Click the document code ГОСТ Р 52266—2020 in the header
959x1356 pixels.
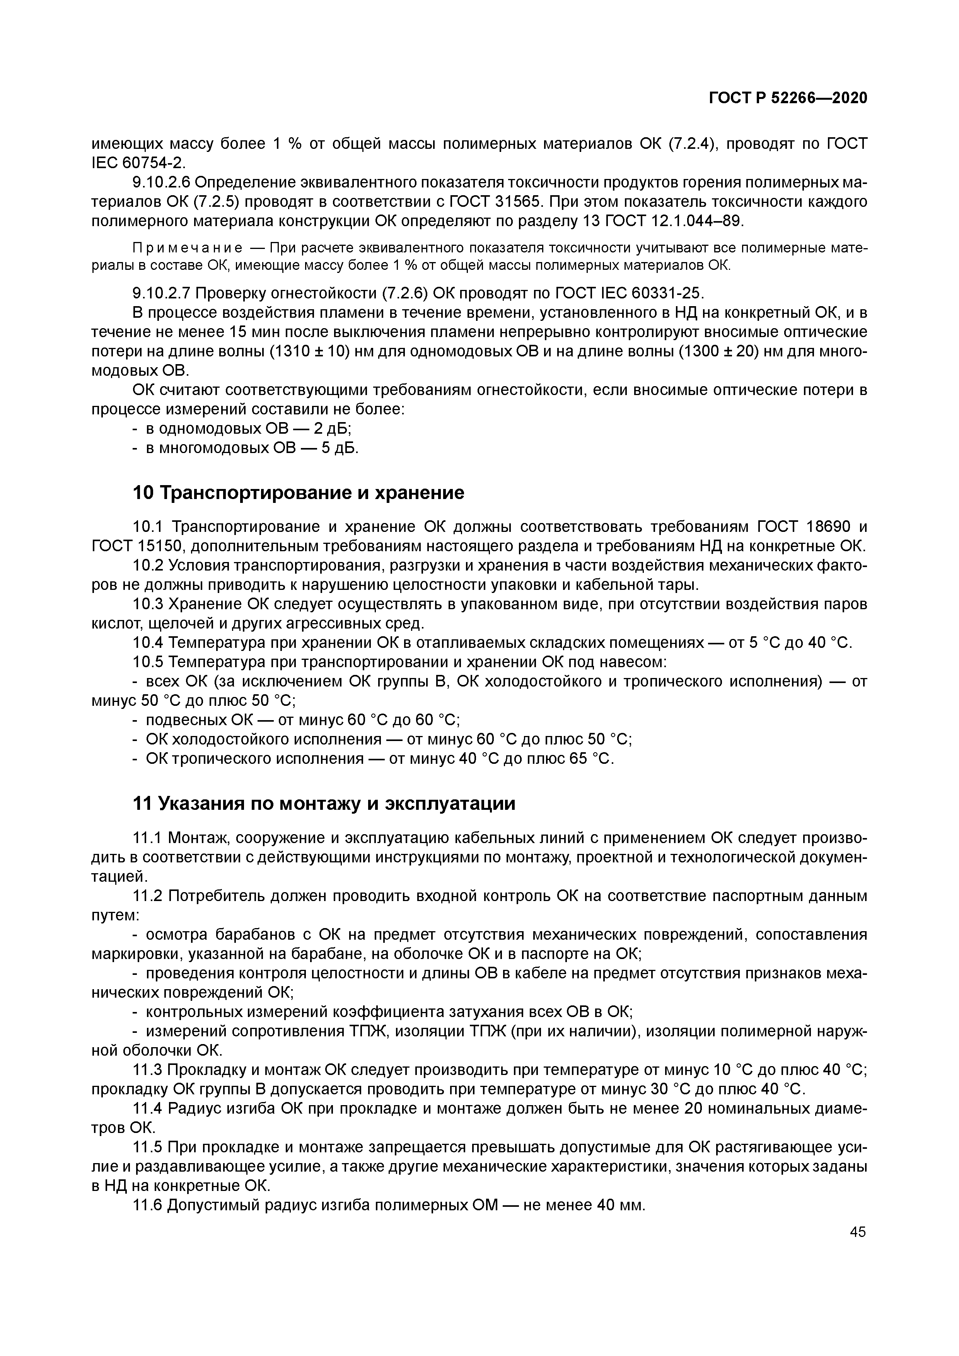tap(788, 98)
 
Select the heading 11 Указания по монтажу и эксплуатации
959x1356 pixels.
tap(323, 804)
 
